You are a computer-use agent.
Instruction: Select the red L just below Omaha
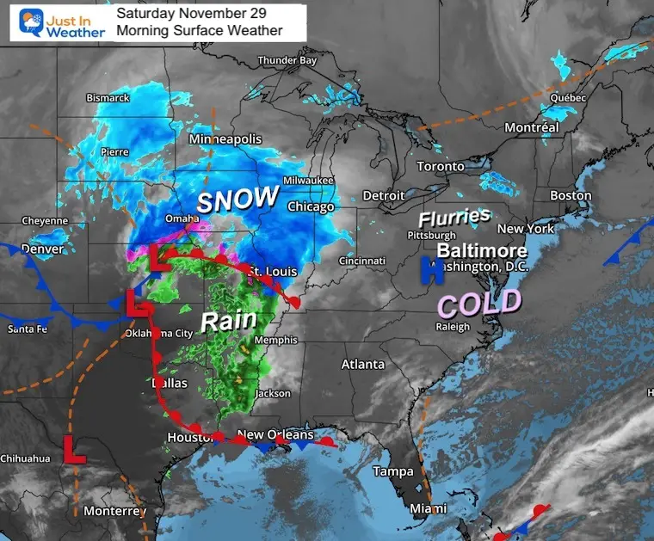pyautogui.click(x=157, y=257)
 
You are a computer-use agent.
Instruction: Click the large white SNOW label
pyautogui.click(x=238, y=200)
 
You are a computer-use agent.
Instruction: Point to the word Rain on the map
pyautogui.click(x=228, y=321)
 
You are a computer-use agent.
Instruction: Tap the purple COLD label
pyautogui.click(x=479, y=303)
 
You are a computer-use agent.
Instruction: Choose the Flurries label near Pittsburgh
pyautogui.click(x=454, y=217)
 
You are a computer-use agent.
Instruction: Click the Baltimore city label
pyautogui.click(x=482, y=250)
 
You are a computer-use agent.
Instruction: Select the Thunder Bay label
pyautogui.click(x=288, y=60)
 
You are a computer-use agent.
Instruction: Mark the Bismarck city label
pyautogui.click(x=108, y=98)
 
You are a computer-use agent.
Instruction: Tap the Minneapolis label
pyautogui.click(x=225, y=138)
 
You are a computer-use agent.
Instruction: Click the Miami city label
pyautogui.click(x=429, y=507)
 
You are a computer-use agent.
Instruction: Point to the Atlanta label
pyautogui.click(x=363, y=364)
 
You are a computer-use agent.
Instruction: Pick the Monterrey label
pyautogui.click(x=114, y=511)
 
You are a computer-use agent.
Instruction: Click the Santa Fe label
pyautogui.click(x=29, y=329)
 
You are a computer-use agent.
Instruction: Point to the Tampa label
pyautogui.click(x=393, y=471)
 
